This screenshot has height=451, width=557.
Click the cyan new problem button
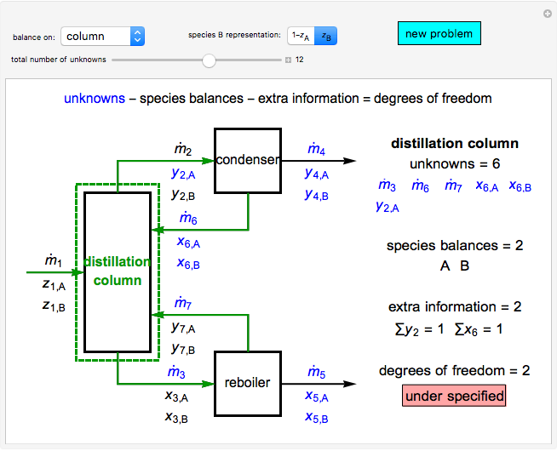tap(439, 34)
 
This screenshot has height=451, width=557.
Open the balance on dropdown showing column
tap(102, 37)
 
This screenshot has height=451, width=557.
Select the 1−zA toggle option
tap(300, 36)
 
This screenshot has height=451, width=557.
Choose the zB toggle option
tap(324, 36)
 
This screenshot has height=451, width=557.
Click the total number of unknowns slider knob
tap(209, 60)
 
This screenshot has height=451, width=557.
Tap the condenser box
tap(247, 160)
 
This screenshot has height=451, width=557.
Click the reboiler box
tap(247, 383)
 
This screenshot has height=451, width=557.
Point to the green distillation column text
tap(118, 271)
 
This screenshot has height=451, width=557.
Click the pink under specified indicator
tap(454, 396)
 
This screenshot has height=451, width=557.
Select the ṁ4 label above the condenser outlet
tap(316, 151)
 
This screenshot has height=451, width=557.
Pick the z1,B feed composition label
tap(54, 305)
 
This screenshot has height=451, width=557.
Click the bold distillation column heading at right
tap(454, 144)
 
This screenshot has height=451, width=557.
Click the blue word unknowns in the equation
tap(95, 99)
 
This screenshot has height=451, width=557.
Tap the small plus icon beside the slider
tap(288, 60)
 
